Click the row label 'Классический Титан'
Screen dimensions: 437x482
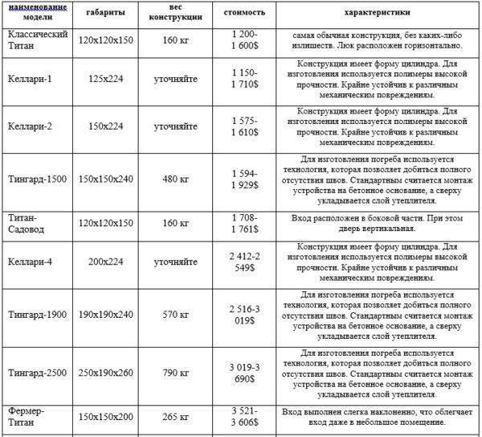36,40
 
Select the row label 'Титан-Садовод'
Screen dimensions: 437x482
28,222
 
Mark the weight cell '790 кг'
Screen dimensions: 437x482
177,373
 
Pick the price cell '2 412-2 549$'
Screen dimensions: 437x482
243,262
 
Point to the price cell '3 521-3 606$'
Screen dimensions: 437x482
243,417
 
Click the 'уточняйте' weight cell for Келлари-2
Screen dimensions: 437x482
177,126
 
